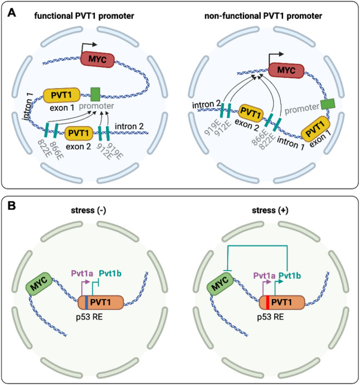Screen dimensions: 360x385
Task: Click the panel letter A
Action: [12, 12]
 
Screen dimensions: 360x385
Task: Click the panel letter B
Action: [12, 206]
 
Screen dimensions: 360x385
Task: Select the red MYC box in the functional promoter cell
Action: [98, 60]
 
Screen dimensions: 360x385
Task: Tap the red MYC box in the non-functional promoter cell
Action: [286, 70]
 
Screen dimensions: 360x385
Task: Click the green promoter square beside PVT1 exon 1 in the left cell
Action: [95, 94]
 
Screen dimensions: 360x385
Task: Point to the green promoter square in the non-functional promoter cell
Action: [328, 104]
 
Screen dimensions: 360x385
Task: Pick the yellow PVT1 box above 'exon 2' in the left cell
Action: [79, 133]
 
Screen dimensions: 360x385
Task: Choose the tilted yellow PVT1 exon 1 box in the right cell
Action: [316, 129]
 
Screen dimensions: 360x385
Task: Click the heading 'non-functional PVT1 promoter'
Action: [263, 16]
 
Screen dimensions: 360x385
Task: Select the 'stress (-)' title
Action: [89, 211]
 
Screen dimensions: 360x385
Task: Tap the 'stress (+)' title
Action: [270, 211]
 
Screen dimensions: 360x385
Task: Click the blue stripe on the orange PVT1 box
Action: [86, 303]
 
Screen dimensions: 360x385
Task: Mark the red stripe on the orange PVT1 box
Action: [267, 303]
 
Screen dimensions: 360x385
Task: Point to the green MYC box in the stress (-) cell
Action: [40, 284]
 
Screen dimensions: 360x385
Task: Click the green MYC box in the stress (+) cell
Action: [220, 284]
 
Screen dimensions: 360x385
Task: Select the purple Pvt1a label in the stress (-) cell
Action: [82, 274]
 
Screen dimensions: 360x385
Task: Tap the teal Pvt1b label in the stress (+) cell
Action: [290, 276]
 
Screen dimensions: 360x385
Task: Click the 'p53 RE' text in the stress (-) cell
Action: [89, 317]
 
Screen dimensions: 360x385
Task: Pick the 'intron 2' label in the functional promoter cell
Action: [129, 126]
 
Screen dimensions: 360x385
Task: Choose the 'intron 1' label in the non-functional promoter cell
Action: [291, 143]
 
